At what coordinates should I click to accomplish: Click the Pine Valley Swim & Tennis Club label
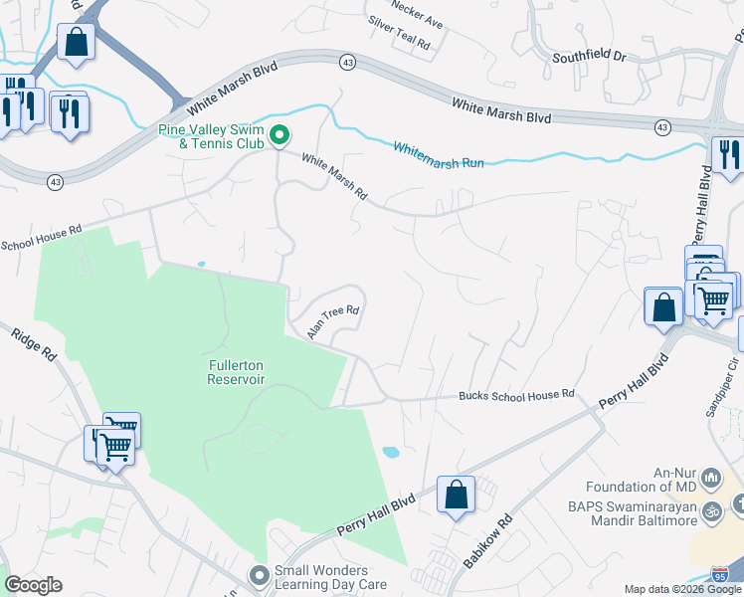(x=210, y=136)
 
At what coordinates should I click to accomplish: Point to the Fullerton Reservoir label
(x=236, y=371)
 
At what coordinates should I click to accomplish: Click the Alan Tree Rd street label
(x=332, y=322)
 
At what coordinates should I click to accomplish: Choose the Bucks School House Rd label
(x=516, y=395)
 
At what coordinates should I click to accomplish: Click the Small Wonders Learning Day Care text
(x=331, y=577)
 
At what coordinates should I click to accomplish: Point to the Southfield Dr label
(x=590, y=58)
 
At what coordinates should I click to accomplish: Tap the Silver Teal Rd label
(x=398, y=46)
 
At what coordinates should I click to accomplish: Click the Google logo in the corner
(x=33, y=585)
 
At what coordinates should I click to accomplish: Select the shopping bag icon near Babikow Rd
(x=456, y=495)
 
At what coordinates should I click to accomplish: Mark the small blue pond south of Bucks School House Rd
(x=391, y=452)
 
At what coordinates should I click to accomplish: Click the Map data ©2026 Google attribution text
(x=682, y=589)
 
